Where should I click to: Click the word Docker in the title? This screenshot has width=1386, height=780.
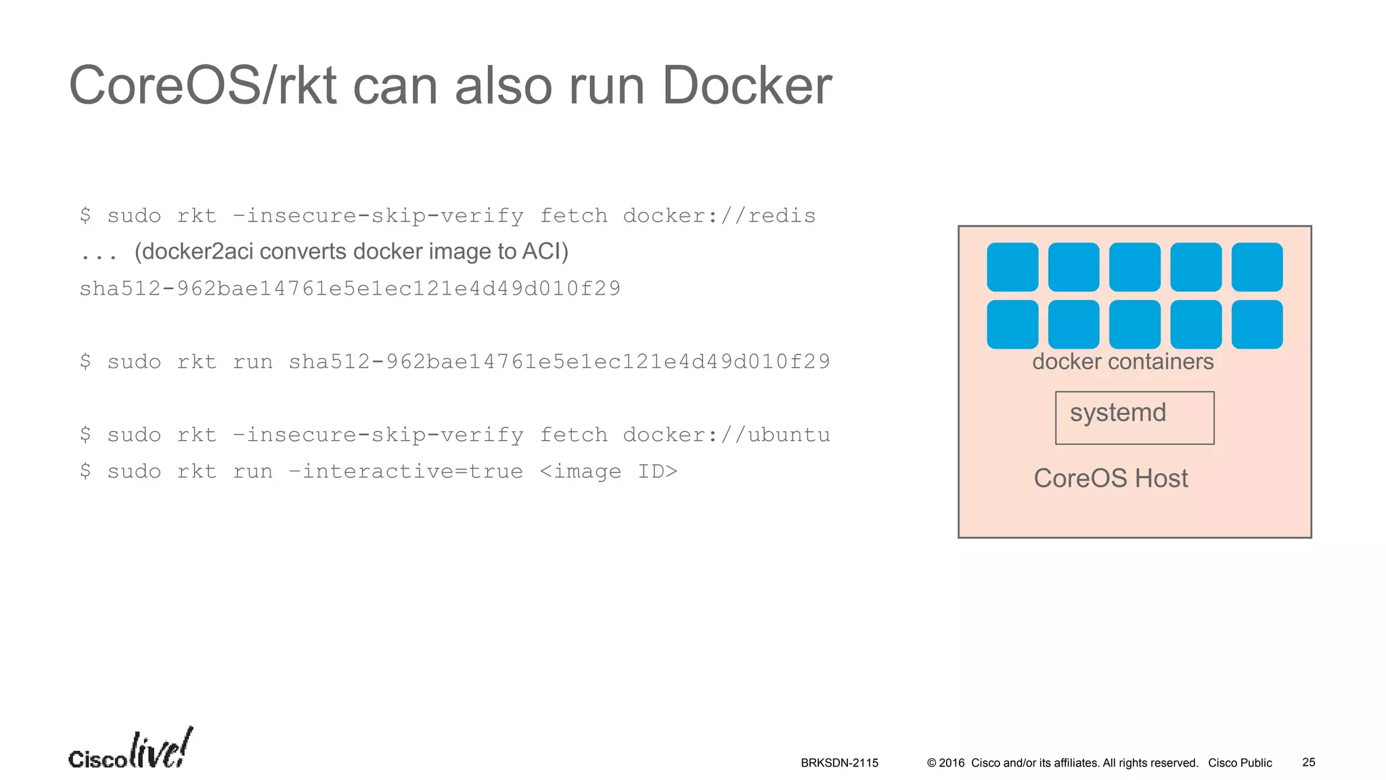coord(746,85)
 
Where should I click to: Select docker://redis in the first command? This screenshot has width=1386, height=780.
coord(719,215)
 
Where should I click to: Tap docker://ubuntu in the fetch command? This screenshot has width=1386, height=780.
coord(725,435)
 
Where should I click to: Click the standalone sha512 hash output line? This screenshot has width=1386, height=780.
coord(350,288)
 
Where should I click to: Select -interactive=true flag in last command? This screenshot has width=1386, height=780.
coord(405,471)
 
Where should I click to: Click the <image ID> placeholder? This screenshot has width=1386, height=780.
coord(608,471)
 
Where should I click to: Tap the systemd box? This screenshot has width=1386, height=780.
coord(1134,417)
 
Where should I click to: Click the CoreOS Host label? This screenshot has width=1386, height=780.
coord(1111,478)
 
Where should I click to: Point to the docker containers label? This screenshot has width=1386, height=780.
coord(1122,362)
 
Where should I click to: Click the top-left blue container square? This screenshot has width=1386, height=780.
coord(1012,267)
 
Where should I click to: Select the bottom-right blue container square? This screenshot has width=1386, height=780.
coord(1257,324)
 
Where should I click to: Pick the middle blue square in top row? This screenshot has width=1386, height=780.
coord(1134,267)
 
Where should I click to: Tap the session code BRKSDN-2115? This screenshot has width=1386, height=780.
coord(839,763)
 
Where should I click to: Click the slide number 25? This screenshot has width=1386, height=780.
coord(1308,762)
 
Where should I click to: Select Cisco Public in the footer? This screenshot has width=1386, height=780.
coord(1240,763)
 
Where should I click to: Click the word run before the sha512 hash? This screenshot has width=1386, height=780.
coord(252,362)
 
